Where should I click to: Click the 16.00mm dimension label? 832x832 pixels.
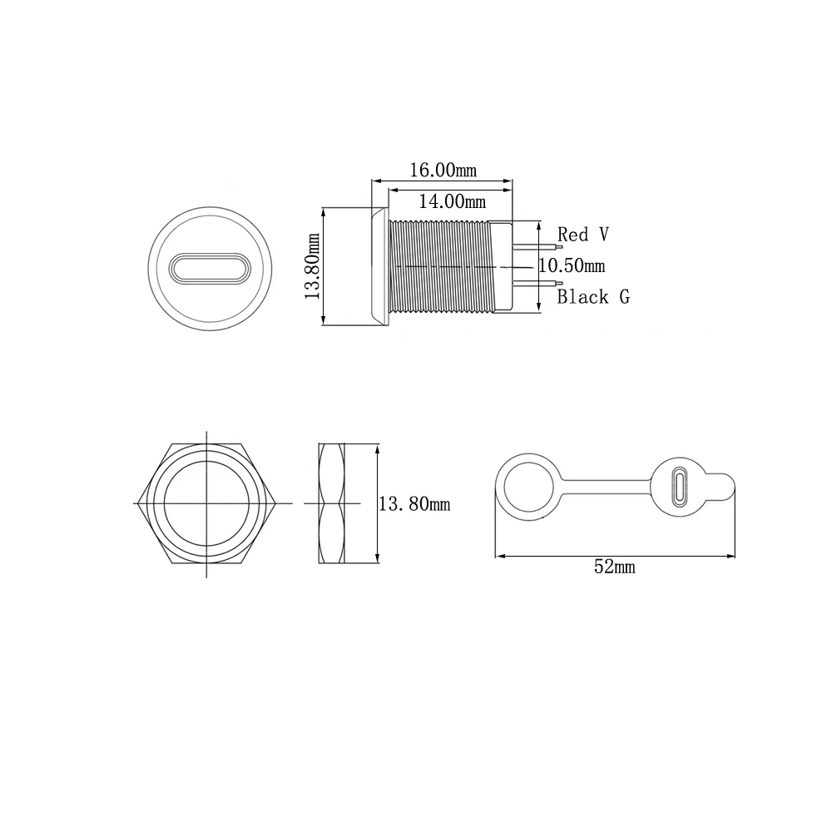tap(443, 171)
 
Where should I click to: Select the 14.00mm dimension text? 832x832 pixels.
tap(452, 201)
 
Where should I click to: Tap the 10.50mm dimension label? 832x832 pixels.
tap(572, 265)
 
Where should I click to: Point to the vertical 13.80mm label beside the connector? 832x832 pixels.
tap(313, 266)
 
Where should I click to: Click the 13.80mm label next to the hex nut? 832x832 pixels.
tap(414, 503)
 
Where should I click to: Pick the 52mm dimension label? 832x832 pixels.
tap(615, 567)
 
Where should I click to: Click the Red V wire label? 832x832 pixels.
tap(583, 234)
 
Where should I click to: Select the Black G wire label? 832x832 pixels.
tap(593, 297)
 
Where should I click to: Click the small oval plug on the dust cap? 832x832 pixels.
tap(680, 487)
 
